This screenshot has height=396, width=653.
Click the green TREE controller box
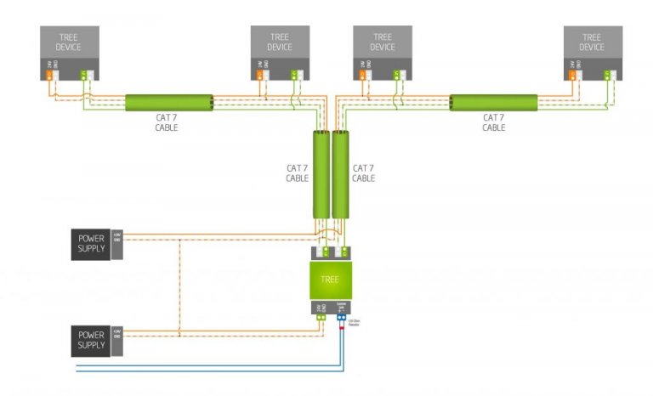329,280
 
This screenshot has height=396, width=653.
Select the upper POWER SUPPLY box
91,243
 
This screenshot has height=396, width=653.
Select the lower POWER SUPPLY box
91,340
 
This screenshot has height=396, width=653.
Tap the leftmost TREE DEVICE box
70,43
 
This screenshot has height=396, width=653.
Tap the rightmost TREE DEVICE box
592,43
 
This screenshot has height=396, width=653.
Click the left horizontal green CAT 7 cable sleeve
169,103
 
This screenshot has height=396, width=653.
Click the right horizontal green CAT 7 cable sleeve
494,103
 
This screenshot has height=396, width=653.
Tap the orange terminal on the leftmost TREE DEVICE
50,75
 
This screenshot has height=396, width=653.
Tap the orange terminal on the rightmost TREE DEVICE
572,75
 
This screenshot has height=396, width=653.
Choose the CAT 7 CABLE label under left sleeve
167,122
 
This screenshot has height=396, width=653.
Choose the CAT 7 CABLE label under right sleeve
494,122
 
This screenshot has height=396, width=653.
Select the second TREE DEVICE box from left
280,43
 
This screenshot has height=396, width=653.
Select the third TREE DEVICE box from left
383,43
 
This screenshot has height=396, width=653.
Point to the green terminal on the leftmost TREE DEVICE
85,75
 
